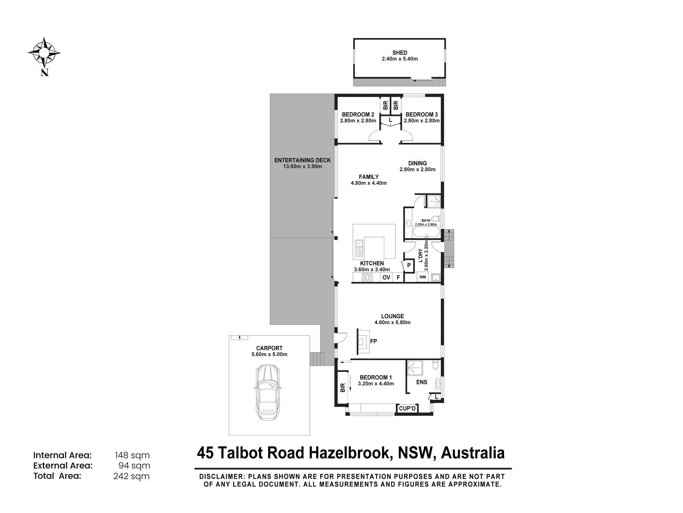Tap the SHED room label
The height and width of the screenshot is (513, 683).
pyautogui.click(x=400, y=53)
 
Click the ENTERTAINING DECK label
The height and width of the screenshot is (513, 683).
pyautogui.click(x=302, y=160)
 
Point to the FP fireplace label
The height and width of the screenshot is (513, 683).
pyautogui.click(x=373, y=341)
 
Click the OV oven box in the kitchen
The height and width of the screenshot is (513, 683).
pyautogui.click(x=386, y=277)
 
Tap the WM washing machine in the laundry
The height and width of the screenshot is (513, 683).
pyautogui.click(x=423, y=277)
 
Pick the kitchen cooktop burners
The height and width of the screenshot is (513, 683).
pyautogui.click(x=367, y=277)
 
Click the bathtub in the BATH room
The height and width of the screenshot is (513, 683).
pyautogui.click(x=427, y=233)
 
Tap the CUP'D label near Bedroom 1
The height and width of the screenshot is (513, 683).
pyautogui.click(x=407, y=408)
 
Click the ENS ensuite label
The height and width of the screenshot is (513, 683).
pyautogui.click(x=421, y=382)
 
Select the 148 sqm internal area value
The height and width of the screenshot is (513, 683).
pyautogui.click(x=132, y=455)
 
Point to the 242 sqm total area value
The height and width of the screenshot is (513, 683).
pyautogui.click(x=131, y=476)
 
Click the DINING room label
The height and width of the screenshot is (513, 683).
pyautogui.click(x=417, y=163)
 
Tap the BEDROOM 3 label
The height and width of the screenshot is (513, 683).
pyautogui.click(x=421, y=115)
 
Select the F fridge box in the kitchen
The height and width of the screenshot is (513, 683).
pyautogui.click(x=398, y=277)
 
